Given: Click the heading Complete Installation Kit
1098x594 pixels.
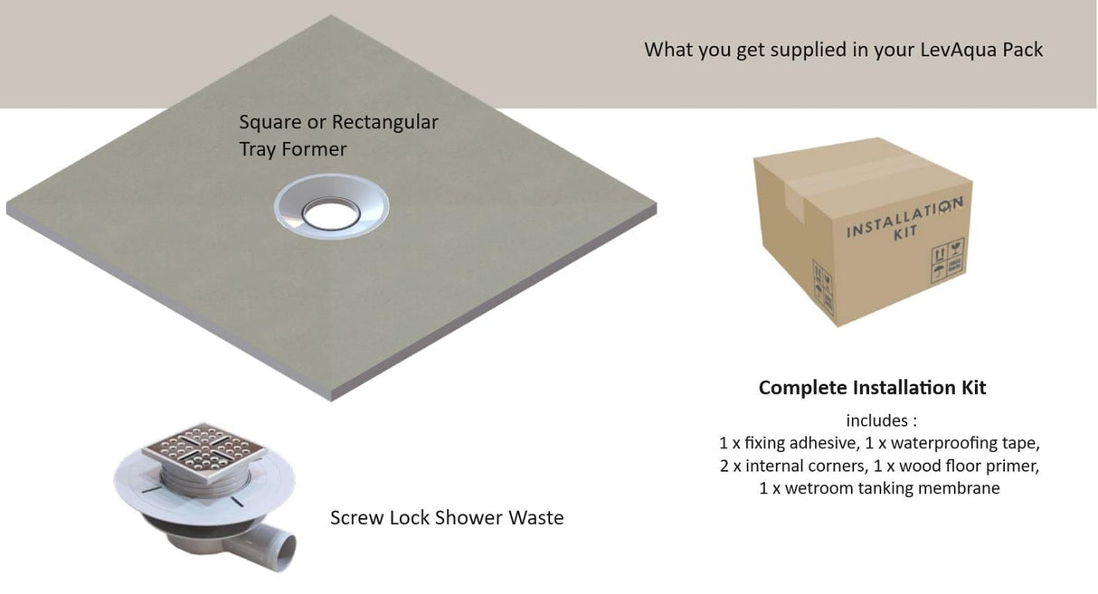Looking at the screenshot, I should (x=872, y=388).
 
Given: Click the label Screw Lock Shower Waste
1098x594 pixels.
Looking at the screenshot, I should (x=447, y=518).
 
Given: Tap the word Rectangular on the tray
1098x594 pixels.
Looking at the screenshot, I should (x=385, y=122).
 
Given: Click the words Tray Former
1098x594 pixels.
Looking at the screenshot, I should (x=293, y=149).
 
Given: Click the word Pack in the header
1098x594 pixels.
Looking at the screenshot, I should (x=1023, y=49).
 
